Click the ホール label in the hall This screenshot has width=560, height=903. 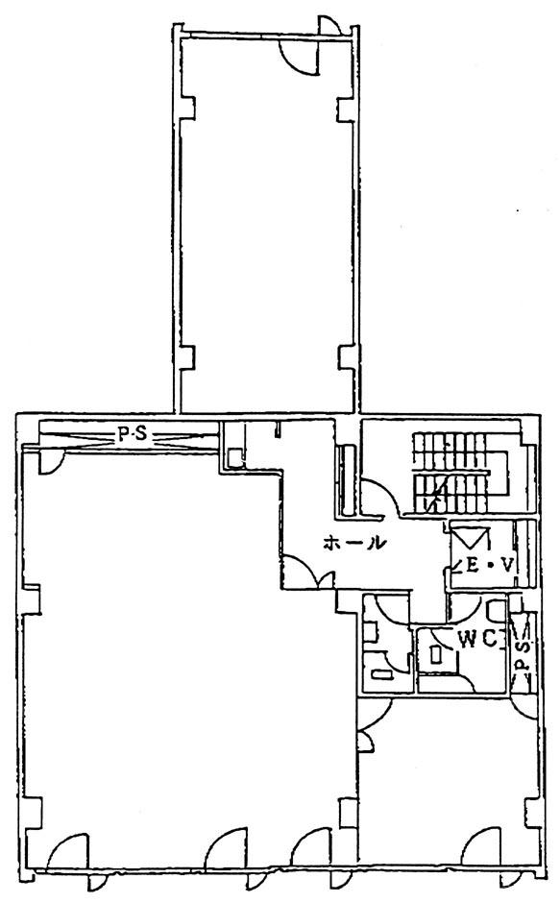coord(353,542)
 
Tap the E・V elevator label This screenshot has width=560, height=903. coord(489,566)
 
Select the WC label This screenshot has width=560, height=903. coord(477,640)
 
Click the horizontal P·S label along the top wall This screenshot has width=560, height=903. coord(132,435)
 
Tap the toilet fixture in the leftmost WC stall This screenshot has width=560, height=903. coord(378,674)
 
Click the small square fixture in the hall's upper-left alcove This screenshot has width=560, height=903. coord(235,458)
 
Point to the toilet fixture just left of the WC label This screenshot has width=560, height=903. coord(436,654)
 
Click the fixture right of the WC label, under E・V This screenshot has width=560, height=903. coord(496,610)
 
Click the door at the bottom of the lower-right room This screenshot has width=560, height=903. coord(481,846)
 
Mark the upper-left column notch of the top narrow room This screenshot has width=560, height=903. coord(188,108)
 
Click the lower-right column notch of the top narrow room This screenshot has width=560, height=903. coord(345,357)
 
